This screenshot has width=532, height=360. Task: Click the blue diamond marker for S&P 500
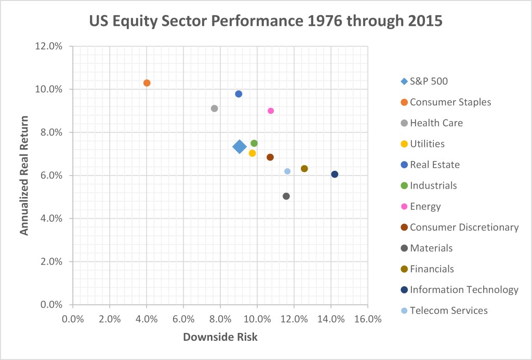(x=239, y=146)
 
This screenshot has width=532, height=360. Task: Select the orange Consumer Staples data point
(x=147, y=83)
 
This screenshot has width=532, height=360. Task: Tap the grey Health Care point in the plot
(x=214, y=109)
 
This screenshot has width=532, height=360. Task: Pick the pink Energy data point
(x=271, y=111)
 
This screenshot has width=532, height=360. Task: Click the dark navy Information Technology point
(x=335, y=174)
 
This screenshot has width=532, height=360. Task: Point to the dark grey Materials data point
(x=286, y=196)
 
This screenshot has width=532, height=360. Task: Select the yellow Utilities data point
(x=252, y=153)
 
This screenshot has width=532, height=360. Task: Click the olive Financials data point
(x=304, y=169)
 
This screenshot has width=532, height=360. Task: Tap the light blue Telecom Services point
(x=287, y=171)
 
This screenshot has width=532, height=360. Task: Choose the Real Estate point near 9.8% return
(x=238, y=94)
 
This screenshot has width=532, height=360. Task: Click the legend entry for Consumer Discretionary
(x=464, y=227)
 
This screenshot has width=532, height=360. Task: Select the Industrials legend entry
(x=433, y=185)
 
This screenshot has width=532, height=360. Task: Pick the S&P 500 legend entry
(x=429, y=81)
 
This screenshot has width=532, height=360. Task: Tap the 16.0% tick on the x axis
(x=368, y=318)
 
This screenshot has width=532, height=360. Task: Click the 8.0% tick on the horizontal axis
(x=220, y=318)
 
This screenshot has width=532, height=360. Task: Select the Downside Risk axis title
(x=220, y=337)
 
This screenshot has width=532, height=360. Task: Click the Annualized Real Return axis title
(x=24, y=175)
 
